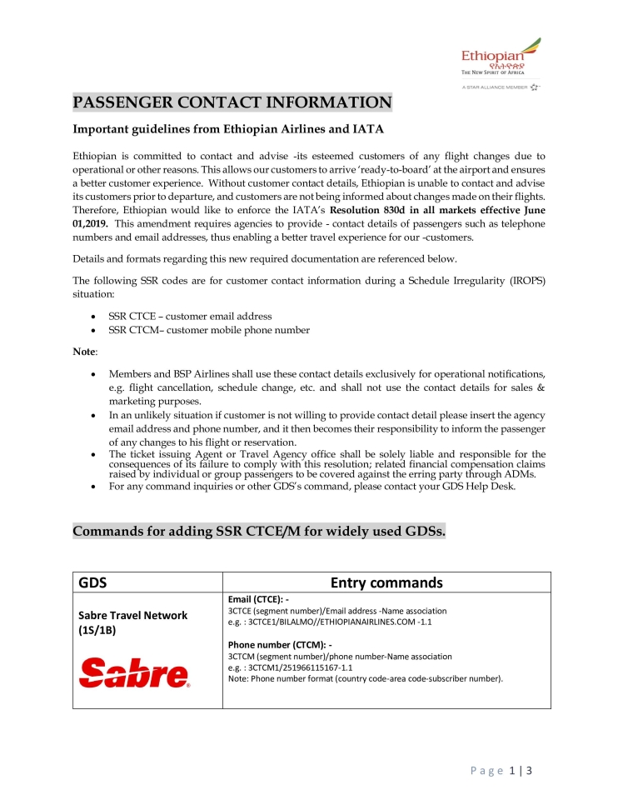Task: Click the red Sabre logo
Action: [x=134, y=672]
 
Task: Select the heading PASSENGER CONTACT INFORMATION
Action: [x=232, y=103]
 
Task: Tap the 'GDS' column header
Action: [x=92, y=582]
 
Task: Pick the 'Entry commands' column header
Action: [x=386, y=582]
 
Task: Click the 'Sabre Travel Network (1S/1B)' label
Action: [x=132, y=622]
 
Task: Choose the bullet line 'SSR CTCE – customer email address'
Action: [x=190, y=317]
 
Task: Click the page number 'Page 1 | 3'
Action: [x=501, y=771]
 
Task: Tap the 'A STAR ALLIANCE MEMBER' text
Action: [x=495, y=87]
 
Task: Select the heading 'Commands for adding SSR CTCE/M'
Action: [x=259, y=532]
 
